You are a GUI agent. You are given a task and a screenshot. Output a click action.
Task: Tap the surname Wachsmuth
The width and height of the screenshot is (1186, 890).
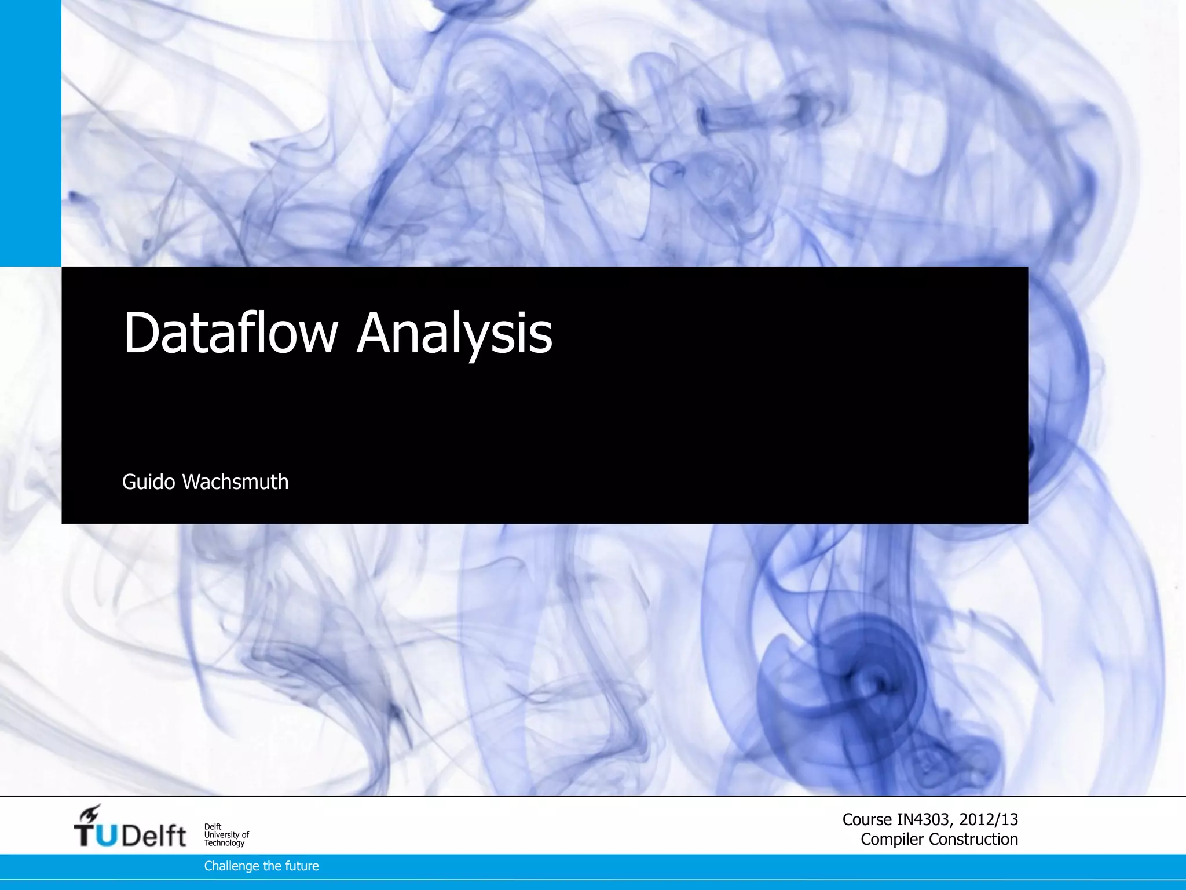click(235, 482)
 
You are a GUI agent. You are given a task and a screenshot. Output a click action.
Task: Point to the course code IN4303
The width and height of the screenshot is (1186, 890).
click(923, 819)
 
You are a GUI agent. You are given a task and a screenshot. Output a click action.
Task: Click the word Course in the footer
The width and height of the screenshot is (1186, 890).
click(867, 819)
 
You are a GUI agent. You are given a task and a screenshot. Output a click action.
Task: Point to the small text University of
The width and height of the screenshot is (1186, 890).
click(226, 835)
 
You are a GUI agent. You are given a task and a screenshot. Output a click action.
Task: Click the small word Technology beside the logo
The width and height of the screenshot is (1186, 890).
click(224, 843)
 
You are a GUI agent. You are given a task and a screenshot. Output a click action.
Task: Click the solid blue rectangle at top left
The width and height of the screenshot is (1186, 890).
click(30, 133)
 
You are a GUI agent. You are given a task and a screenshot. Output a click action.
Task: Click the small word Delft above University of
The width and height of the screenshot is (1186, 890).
click(213, 827)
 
